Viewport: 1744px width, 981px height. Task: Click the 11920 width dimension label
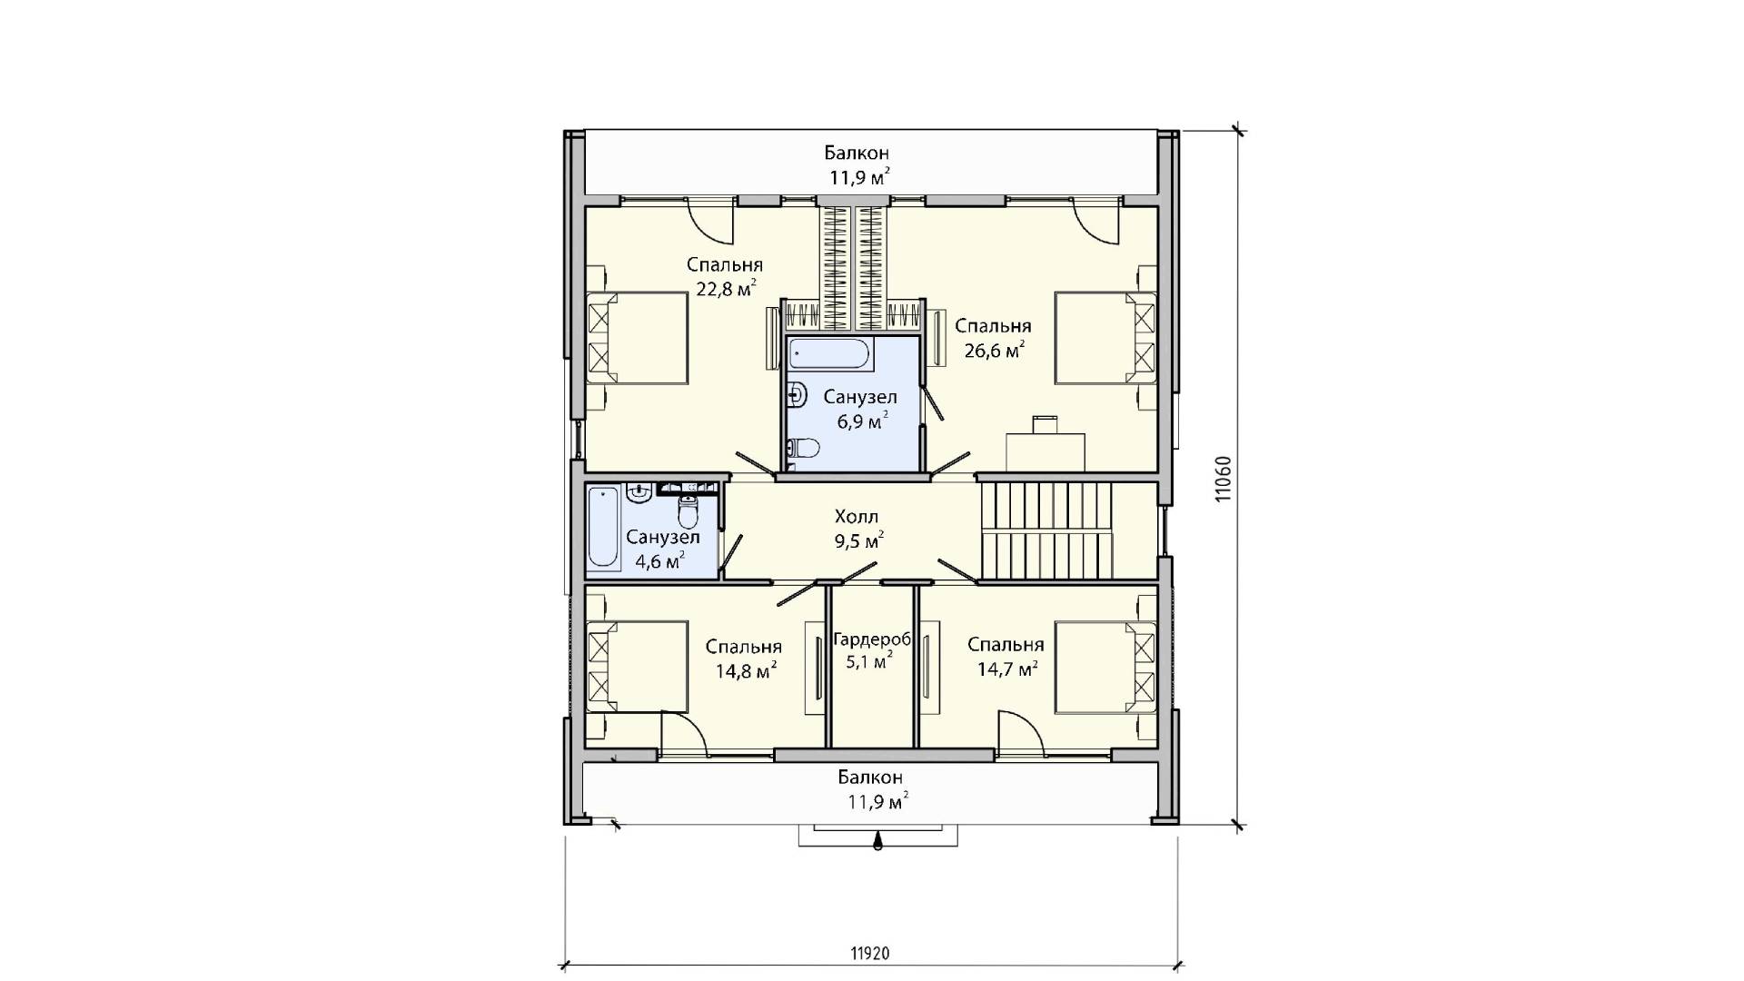coord(870,953)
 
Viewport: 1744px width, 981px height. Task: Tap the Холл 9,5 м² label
coord(857,529)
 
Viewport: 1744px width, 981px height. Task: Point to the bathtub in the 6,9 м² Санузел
coord(829,352)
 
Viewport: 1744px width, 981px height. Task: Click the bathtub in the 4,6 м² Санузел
coord(603,529)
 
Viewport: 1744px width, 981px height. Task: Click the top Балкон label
coord(857,153)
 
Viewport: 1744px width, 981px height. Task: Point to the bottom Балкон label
coord(870,778)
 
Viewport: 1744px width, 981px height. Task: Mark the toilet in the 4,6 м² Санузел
coord(689,514)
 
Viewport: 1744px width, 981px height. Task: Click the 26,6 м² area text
coord(995,351)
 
